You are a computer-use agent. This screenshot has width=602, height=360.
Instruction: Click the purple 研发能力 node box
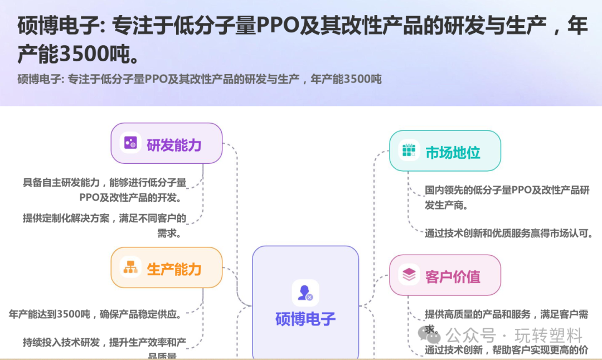point(166,143)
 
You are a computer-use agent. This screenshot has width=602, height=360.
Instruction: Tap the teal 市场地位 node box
point(445,151)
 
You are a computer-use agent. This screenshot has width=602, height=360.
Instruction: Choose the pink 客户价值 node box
point(445,275)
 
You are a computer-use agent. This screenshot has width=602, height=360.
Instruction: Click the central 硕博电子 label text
point(305,319)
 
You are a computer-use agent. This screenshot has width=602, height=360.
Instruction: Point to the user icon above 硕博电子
point(305,293)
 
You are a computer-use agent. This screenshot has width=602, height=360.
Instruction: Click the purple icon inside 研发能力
point(130,143)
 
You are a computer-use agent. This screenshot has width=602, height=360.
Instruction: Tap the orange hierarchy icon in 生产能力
point(130,267)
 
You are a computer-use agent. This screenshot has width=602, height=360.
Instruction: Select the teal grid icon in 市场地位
point(409,151)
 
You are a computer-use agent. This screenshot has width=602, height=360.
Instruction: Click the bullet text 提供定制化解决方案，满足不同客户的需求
point(104,225)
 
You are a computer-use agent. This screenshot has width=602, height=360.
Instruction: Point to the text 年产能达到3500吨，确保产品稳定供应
point(95,314)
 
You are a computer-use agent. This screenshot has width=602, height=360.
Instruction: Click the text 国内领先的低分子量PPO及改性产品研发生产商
point(506,197)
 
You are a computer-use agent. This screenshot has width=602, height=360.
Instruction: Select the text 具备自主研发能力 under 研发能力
point(61,182)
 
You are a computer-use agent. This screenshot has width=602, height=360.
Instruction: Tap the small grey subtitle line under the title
point(200,79)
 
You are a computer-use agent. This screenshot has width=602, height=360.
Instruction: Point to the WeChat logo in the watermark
point(431,334)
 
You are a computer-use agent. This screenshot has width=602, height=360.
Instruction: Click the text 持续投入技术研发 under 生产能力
point(61,342)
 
